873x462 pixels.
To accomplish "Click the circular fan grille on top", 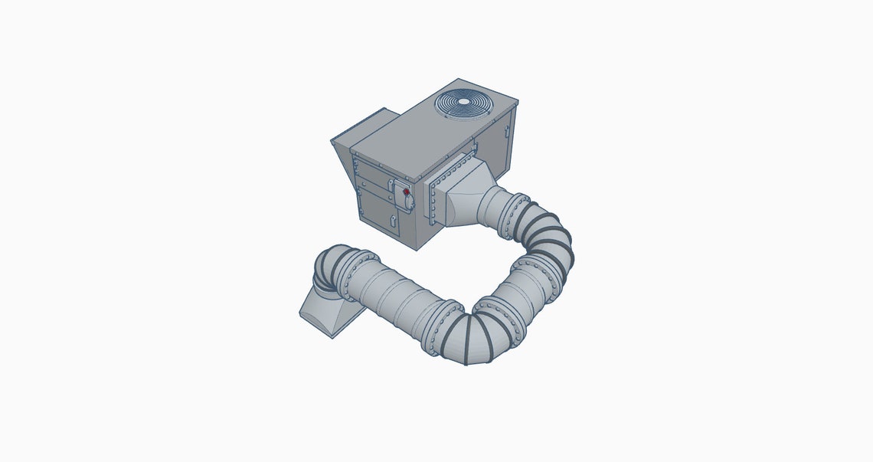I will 465,103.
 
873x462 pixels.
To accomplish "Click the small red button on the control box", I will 405,192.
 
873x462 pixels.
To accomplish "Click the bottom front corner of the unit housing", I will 417,247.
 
